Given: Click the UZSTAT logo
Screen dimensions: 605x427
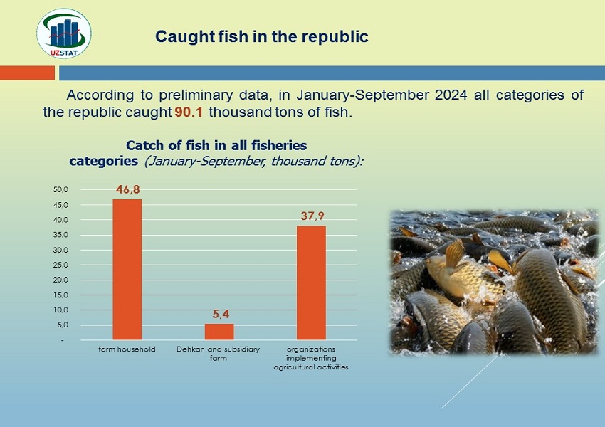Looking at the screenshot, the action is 64,33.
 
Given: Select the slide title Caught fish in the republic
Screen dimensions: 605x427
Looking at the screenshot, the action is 262,36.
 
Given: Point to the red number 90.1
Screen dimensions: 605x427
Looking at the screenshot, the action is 189,112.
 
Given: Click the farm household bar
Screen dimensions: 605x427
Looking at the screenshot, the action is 127,270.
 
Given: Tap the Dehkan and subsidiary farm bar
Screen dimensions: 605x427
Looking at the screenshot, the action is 219,332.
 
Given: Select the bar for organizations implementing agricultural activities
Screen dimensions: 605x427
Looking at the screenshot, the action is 311,283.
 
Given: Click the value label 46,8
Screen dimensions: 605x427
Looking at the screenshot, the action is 128,189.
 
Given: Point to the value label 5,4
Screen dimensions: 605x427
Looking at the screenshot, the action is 221,314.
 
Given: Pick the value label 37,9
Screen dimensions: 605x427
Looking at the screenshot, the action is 312,216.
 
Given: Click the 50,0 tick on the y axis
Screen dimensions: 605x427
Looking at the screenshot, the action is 60,189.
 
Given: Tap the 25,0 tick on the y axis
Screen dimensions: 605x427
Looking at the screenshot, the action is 60,265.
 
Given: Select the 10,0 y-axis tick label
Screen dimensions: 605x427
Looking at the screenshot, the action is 60,310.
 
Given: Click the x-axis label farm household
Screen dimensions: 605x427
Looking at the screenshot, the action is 127,349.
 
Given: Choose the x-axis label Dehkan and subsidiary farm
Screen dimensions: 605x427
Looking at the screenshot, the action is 218,353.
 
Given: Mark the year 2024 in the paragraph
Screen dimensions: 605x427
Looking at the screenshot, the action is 451,95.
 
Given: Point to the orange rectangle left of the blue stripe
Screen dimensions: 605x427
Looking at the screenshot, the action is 27,73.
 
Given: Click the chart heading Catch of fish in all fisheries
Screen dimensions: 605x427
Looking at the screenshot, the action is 216,145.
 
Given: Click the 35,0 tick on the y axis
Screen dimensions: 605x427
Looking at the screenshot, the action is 60,235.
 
